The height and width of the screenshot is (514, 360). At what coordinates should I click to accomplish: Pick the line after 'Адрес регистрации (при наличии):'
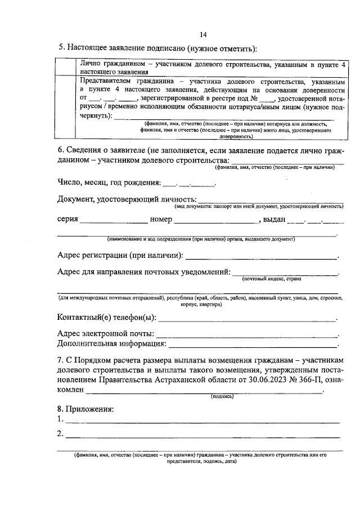pyautogui.click(x=262, y=258)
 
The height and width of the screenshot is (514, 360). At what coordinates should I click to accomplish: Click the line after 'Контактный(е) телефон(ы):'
pyautogui.click(x=247, y=319)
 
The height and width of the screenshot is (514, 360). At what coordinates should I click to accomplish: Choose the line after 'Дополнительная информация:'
pyautogui.click(x=253, y=345)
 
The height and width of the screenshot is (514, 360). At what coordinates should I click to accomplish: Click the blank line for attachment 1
pyautogui.click(x=202, y=422)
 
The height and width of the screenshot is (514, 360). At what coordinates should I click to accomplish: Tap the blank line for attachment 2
pyautogui.click(x=202, y=436)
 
